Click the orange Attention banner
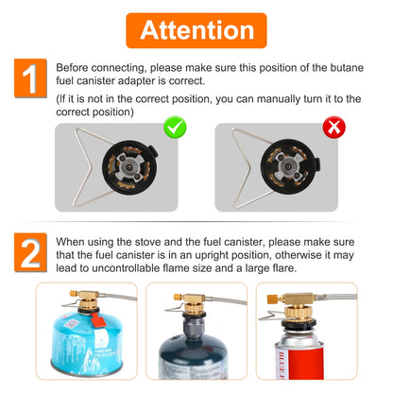click(196, 30)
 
